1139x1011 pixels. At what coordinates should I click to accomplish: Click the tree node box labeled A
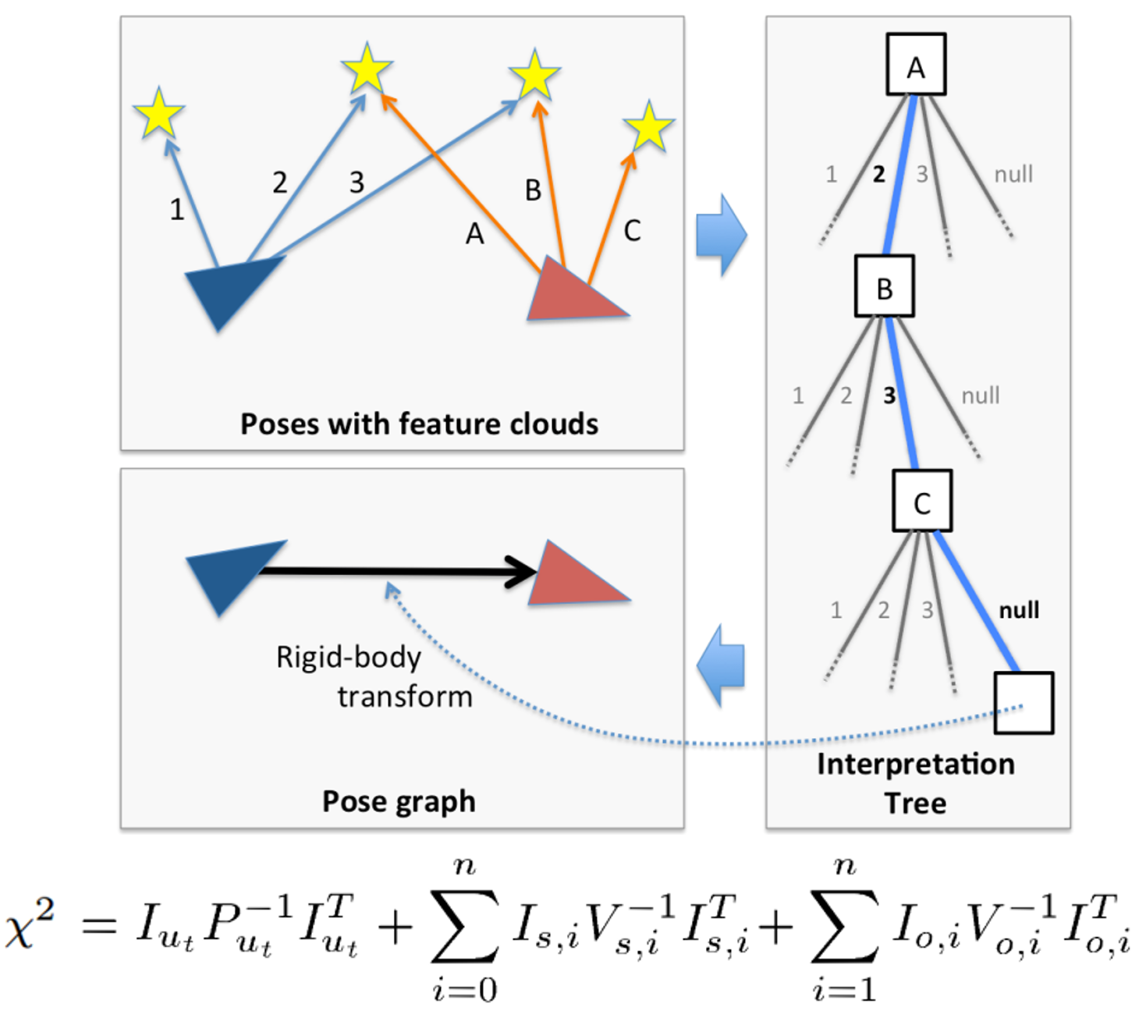(x=916, y=65)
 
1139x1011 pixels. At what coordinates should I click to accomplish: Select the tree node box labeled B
(x=884, y=286)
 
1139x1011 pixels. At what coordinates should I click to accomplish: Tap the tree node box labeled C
(x=921, y=501)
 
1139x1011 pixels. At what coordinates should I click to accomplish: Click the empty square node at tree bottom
(x=1024, y=703)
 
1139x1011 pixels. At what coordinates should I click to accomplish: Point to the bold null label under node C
(x=1019, y=610)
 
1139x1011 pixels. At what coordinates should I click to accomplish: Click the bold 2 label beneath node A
(x=878, y=174)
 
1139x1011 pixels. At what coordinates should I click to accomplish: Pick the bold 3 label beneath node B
(x=889, y=396)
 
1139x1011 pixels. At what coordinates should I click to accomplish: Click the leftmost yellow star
(x=158, y=114)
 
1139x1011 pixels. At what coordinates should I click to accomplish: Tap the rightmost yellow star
(x=648, y=126)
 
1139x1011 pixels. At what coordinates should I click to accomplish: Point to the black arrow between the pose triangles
(x=390, y=572)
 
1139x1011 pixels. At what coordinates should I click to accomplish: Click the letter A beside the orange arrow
(x=474, y=233)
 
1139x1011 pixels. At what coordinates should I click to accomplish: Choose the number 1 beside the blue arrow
(x=177, y=209)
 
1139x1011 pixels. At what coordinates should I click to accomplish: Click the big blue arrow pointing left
(x=722, y=665)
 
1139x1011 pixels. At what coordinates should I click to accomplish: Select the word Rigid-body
(x=348, y=658)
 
